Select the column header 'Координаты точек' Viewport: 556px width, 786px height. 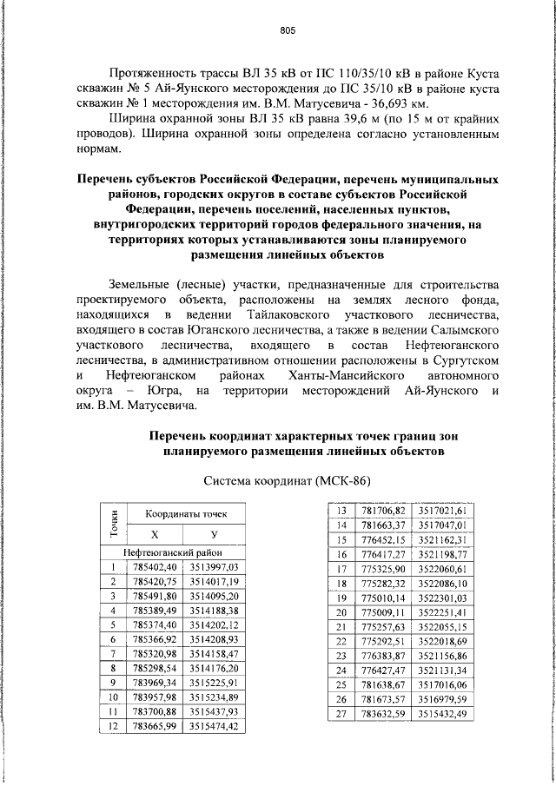tap(185, 515)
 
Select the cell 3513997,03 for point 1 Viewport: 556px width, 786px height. tap(214, 566)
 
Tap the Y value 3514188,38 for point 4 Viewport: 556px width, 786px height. tap(214, 611)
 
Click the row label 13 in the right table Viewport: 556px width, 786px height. tap(341, 511)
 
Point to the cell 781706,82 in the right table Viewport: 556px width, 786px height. tap(383, 511)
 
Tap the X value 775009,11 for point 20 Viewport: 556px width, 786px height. tap(383, 613)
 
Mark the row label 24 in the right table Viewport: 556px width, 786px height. tap(341, 670)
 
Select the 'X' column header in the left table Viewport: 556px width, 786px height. tap(155, 534)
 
